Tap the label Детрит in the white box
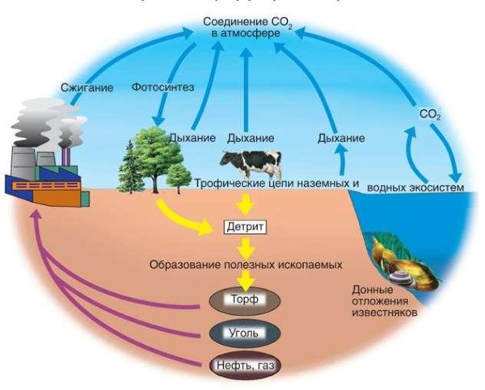tap(243, 225)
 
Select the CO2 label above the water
tap(430, 115)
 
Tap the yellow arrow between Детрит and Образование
tap(243, 245)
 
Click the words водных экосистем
tap(416, 188)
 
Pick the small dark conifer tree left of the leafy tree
tap(130, 166)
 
